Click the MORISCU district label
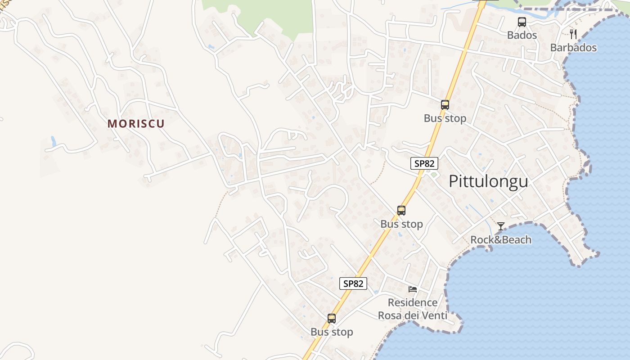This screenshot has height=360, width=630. [136, 124]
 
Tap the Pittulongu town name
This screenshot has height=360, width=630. [488, 181]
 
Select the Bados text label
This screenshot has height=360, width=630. [522, 35]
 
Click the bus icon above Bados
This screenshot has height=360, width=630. [522, 22]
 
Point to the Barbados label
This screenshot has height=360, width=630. [573, 48]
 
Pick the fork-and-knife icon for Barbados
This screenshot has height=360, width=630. [573, 34]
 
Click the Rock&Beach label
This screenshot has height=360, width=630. [501, 240]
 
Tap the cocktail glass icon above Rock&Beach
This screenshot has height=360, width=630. [501, 226]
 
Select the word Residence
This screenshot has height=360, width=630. [413, 302]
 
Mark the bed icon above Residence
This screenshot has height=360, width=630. [413, 289]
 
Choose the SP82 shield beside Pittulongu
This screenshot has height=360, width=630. [424, 163]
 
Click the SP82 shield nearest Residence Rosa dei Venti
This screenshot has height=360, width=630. [353, 283]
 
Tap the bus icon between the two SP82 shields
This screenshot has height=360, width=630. [401, 210]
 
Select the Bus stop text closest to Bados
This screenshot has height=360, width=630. [445, 118]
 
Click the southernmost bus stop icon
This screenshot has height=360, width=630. [332, 319]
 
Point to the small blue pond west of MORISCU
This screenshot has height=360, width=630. [54, 141]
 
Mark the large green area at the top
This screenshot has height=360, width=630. [270, 16]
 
